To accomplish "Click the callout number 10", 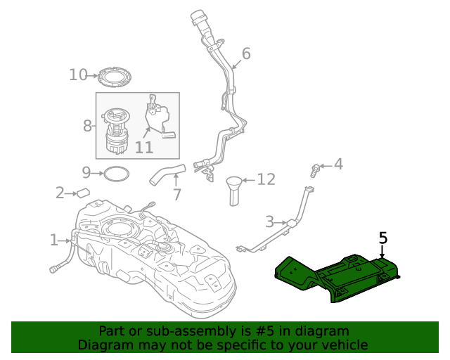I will point(78,75).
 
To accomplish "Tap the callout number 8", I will point(87,126).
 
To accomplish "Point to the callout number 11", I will point(143,148).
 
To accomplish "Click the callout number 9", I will point(86,172).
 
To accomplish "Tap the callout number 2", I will point(60,192).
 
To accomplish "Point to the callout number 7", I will point(176,194).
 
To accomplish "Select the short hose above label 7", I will point(166,174).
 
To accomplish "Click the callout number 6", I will point(246,53).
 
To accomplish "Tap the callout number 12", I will point(266,180).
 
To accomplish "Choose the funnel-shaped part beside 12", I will point(233,190).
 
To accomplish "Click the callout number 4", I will point(338,165).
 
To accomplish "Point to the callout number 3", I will point(269,222).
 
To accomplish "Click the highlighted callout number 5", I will point(383,238).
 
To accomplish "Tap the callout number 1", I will point(54,240).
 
